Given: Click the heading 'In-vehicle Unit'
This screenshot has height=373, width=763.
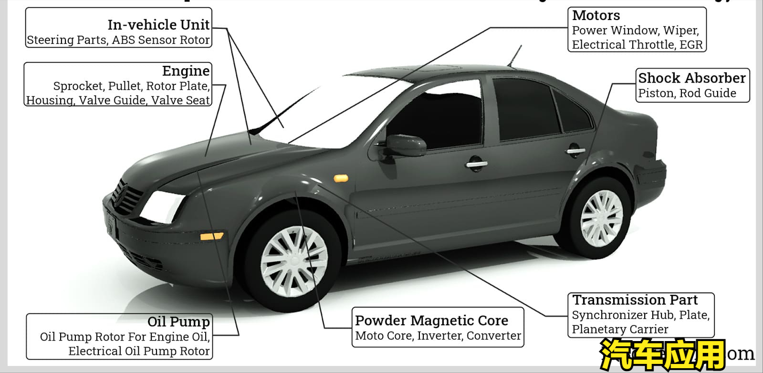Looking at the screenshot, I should pos(158,24).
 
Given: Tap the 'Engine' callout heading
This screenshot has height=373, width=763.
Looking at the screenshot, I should pos(186,71).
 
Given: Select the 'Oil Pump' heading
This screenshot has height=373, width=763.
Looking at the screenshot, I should pos(178,322).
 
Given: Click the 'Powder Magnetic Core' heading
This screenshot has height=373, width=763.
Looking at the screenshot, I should pos(431,321).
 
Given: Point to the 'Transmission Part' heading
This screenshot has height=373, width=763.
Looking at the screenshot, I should pos(635,300).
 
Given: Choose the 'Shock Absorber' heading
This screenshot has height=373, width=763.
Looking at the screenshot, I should pos(691,78).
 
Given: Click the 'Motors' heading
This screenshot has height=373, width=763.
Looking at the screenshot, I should pos(596,16).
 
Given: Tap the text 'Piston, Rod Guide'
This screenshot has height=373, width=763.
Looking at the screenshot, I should pos(687,93).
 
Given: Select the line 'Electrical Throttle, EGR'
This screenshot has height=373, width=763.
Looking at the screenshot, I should pos(637,45).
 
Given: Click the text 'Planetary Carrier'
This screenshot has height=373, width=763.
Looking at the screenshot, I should pos(620,329).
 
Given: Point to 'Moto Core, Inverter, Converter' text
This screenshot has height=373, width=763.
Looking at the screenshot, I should pos(438,336).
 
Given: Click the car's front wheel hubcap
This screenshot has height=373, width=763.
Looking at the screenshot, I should pos(293,260).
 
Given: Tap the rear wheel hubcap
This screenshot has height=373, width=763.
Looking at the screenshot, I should pos(601,218).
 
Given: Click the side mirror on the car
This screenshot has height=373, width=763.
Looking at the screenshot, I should pos(405,145).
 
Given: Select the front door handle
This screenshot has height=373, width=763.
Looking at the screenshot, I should pos(476,164).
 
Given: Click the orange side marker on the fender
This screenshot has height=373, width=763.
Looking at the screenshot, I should pos(341,178).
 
